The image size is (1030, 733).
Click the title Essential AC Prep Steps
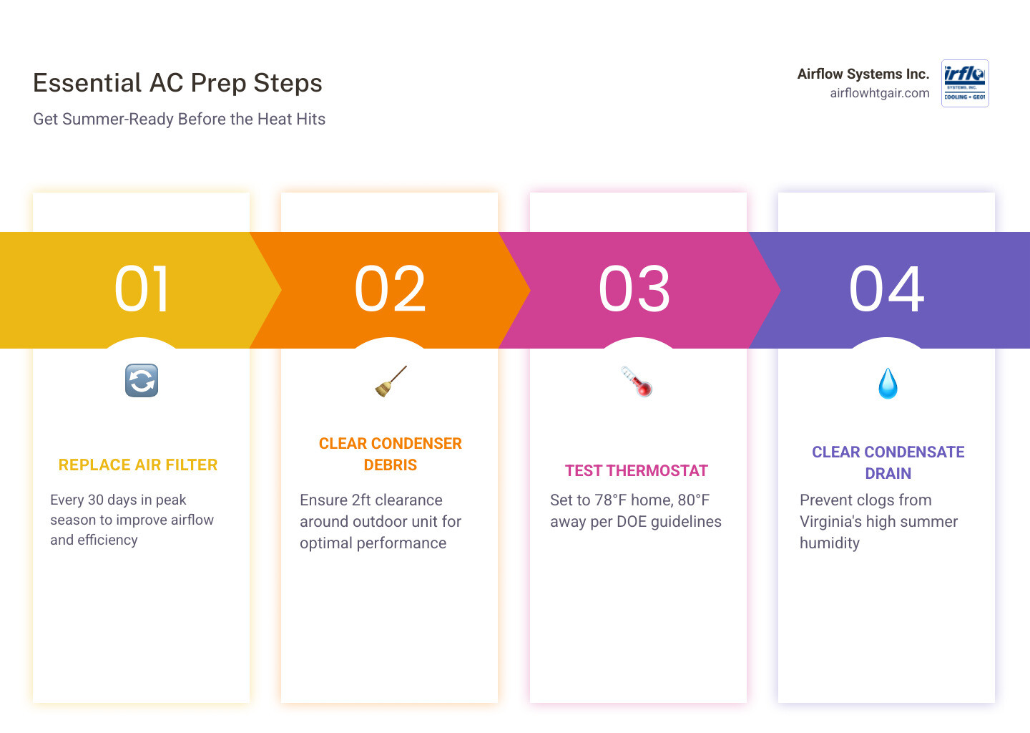pyautogui.click(x=177, y=83)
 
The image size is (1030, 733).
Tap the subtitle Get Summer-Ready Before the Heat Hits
pyautogui.click(x=179, y=119)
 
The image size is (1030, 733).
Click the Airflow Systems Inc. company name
pyautogui.click(x=863, y=74)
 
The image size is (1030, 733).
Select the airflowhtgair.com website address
pyautogui.click(x=879, y=93)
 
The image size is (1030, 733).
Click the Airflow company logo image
pyautogui.click(x=965, y=83)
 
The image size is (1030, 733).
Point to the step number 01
pyautogui.click(x=142, y=289)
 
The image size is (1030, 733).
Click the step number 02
pyautogui.click(x=391, y=289)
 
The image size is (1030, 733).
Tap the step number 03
pyautogui.click(x=635, y=289)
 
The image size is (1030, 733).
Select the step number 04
pyautogui.click(x=887, y=289)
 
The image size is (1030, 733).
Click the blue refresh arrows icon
pyautogui.click(x=142, y=381)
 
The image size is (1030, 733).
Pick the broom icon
pyautogui.click(x=391, y=381)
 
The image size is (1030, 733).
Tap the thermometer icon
pyautogui.click(x=637, y=381)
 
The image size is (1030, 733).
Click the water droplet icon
pyautogui.click(x=888, y=384)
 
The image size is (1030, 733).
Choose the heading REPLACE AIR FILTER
pyautogui.click(x=138, y=465)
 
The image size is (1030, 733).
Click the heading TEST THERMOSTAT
pyautogui.click(x=637, y=471)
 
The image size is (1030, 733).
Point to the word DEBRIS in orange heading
pyautogui.click(x=391, y=465)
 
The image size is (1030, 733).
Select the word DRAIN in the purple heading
pyautogui.click(x=888, y=474)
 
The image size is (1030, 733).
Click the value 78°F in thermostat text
pyautogui.click(x=610, y=500)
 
